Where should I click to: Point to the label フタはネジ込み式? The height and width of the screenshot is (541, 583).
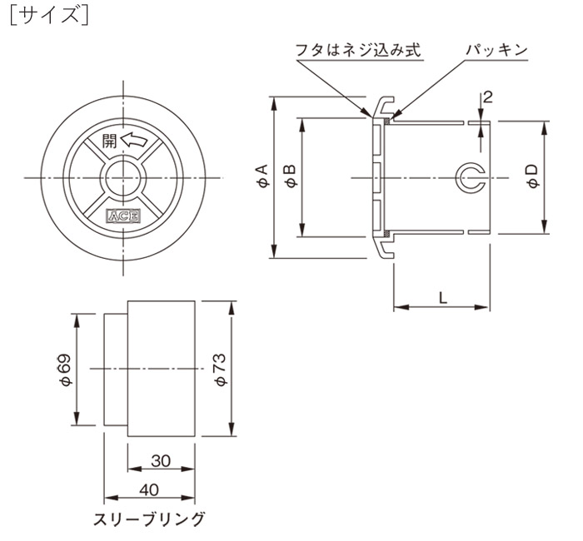coord(358,51)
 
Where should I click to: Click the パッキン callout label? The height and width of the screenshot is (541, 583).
coord(496,51)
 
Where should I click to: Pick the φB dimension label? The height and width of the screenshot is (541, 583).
coord(289,176)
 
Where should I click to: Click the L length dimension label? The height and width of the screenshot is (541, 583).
coord(441,296)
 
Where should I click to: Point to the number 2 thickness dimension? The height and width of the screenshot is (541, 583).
coord(488,97)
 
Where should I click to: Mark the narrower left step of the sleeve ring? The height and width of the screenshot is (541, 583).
coord(115,368)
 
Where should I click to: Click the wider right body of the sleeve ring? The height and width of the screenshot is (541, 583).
coord(162,368)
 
